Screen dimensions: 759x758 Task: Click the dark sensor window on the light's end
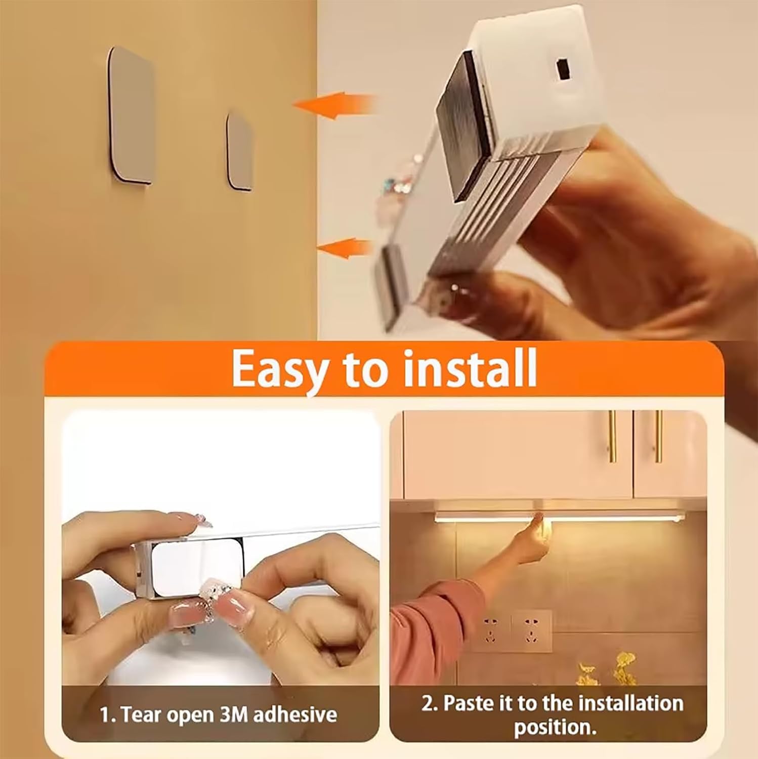pyautogui.click(x=561, y=69)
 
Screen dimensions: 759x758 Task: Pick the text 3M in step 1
pyautogui.click(x=234, y=714)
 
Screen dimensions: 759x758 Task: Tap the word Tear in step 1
pyautogui.click(x=142, y=714)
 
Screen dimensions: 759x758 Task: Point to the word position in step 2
pyautogui.click(x=555, y=727)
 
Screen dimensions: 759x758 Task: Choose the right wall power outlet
pyautogui.click(x=531, y=630)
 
